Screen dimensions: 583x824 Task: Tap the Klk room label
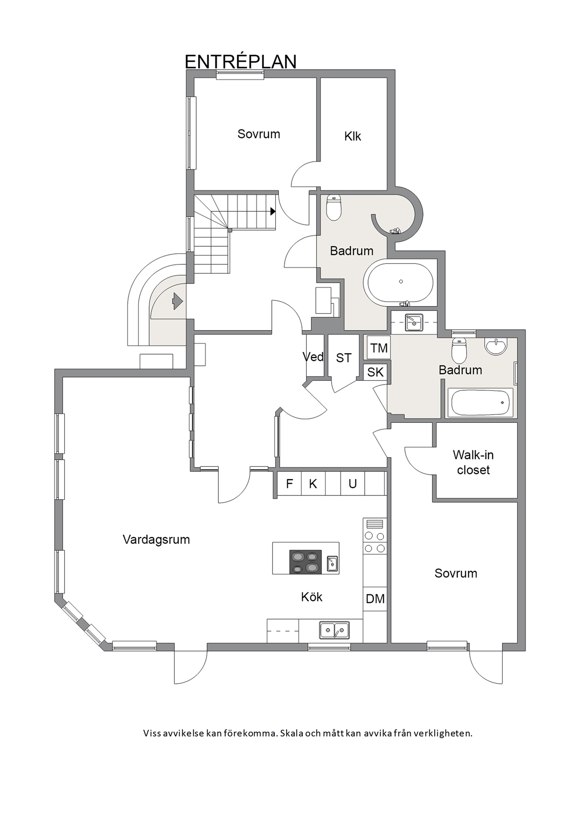point(352,136)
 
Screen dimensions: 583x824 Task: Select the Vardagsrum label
point(156,540)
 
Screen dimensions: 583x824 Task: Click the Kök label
point(311,596)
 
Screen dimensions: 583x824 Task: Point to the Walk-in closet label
point(473,463)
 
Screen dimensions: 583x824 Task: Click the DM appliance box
point(375,598)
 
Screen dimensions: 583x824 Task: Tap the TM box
point(379,348)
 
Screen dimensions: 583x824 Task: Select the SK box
point(375,372)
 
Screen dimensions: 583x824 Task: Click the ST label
point(344,358)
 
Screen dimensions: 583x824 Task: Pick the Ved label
point(313,357)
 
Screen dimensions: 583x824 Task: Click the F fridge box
point(289,484)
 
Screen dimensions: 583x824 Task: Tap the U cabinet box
point(352,484)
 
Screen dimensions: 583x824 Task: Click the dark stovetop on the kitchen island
point(305,562)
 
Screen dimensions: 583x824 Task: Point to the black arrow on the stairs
point(273,211)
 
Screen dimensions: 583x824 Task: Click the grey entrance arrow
point(178,301)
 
